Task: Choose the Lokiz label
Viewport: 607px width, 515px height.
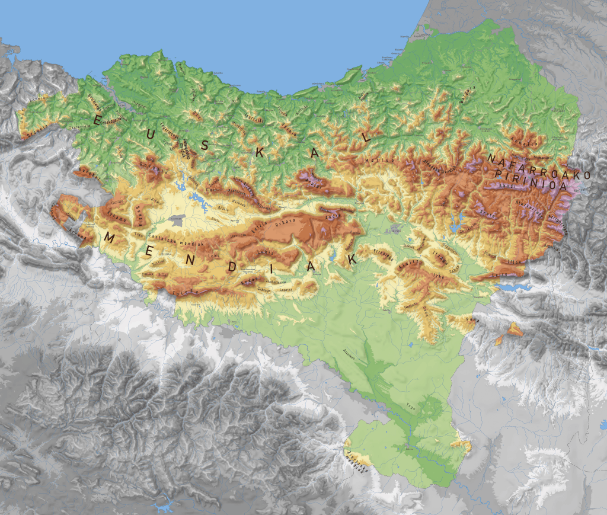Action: point(265,252)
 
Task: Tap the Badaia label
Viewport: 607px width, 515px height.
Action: point(138,211)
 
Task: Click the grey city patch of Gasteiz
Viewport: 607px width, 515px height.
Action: point(177,219)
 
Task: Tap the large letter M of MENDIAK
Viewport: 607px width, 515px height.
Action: point(110,238)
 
